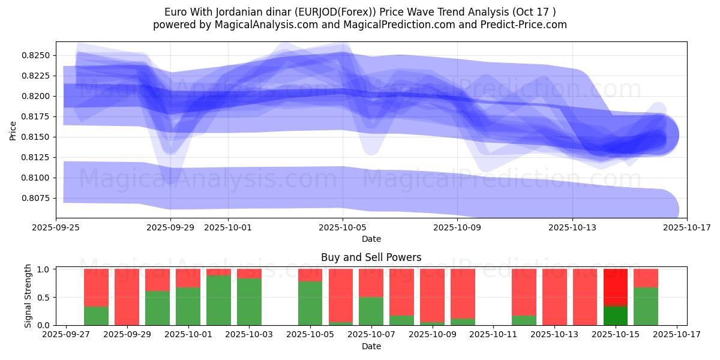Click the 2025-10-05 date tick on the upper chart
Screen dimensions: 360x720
point(343,228)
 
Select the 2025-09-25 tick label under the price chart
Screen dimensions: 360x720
point(56,228)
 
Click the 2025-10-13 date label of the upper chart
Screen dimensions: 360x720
point(572,228)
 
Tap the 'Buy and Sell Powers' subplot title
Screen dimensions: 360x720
point(371,257)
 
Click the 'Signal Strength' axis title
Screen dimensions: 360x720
point(28,296)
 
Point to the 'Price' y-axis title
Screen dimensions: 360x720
point(13,130)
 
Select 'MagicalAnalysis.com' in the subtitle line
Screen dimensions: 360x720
point(254,25)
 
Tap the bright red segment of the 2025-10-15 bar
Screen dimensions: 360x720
point(615,287)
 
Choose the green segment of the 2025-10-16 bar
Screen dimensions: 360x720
point(646,306)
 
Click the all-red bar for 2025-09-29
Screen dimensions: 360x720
point(127,297)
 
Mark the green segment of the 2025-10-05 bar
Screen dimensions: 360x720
point(310,303)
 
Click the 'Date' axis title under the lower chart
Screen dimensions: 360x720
point(371,346)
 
